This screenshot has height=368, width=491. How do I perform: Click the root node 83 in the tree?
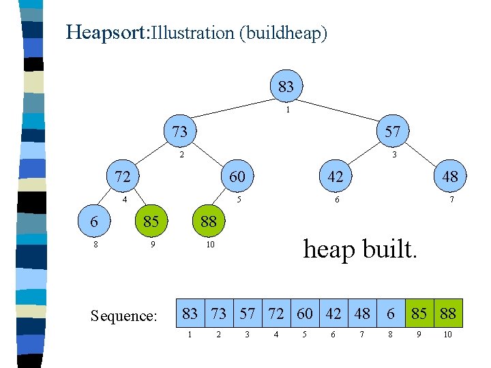[286, 87]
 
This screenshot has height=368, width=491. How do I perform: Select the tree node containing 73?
[180, 131]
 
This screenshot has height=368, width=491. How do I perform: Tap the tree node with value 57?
[392, 131]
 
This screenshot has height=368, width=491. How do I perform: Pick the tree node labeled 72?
[122, 177]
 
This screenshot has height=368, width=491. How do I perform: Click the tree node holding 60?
[237, 177]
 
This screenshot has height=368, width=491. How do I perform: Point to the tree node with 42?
[335, 177]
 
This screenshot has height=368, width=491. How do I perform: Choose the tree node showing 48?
[450, 177]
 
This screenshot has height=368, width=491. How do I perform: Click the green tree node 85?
[151, 221]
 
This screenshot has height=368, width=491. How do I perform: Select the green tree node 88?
[209, 221]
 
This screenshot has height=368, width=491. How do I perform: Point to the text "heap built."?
[359, 249]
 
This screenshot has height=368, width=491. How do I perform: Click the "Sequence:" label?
[123, 316]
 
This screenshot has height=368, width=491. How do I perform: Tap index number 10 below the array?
[447, 335]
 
